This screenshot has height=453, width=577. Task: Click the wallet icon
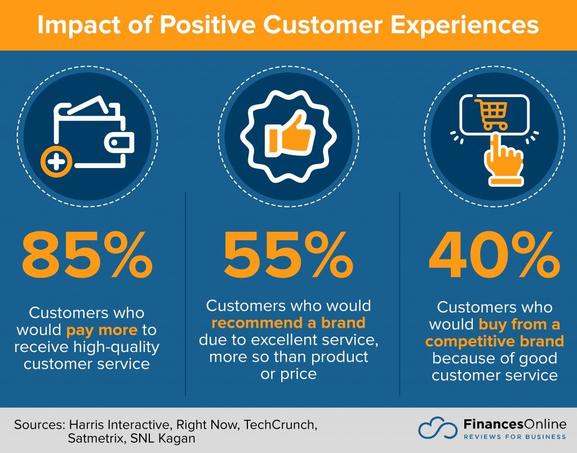(x=93, y=135)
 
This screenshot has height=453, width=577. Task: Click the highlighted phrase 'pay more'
(x=101, y=329)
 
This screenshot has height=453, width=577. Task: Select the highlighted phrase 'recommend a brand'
(x=288, y=323)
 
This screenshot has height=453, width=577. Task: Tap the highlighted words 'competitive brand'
(x=494, y=342)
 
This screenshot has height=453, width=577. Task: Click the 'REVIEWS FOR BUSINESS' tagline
(x=507, y=437)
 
